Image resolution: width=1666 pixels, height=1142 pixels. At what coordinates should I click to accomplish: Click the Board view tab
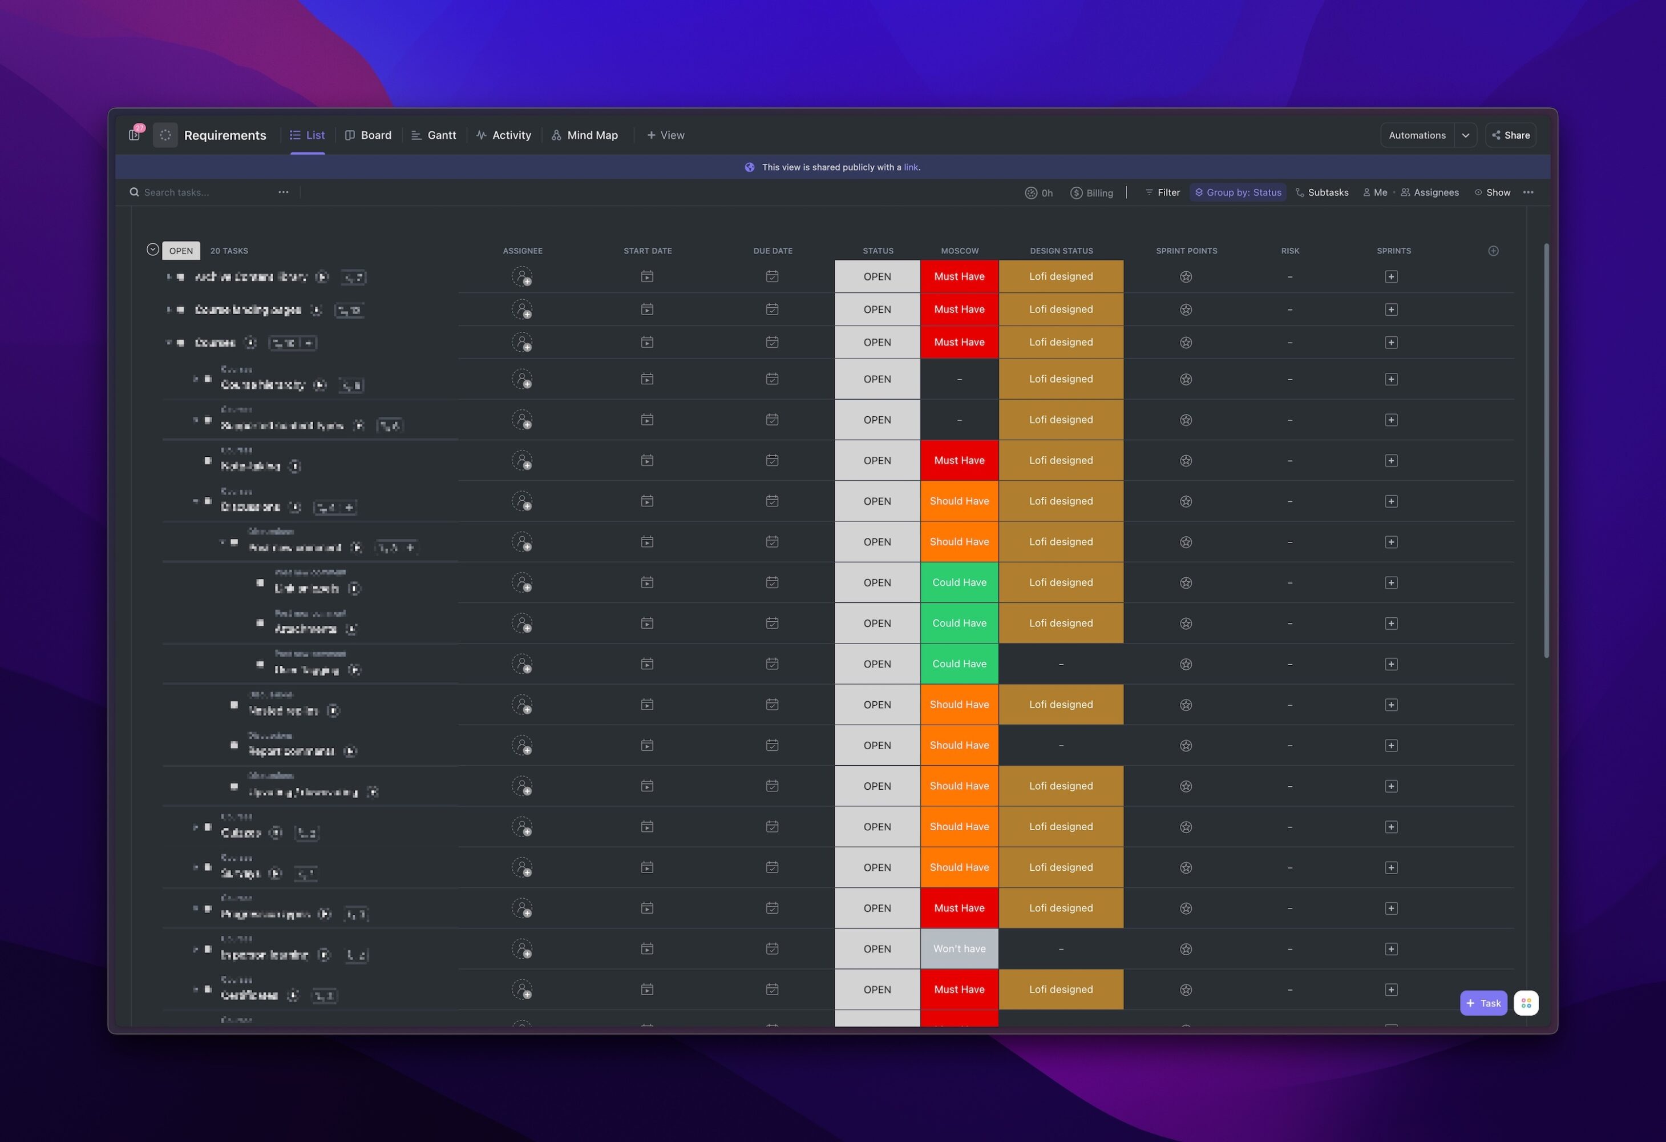(x=369, y=135)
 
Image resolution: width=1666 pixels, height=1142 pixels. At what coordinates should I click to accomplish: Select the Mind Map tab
(x=584, y=135)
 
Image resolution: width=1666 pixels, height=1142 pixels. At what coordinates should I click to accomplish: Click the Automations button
(x=1417, y=135)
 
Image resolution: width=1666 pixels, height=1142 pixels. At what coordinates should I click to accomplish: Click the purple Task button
(x=1483, y=1003)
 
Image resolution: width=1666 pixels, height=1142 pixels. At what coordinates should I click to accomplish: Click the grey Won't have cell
(x=959, y=948)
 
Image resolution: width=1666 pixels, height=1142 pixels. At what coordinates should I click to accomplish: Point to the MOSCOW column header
(x=959, y=250)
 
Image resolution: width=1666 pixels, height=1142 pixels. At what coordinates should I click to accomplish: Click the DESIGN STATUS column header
(x=1061, y=250)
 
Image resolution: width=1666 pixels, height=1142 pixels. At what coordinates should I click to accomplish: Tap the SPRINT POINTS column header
(x=1186, y=250)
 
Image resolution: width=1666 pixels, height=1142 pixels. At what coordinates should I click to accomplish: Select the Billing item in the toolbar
(x=1092, y=192)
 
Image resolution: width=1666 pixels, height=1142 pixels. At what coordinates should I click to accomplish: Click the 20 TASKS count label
(x=229, y=250)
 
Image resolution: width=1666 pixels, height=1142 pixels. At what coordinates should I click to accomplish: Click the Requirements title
(x=224, y=135)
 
